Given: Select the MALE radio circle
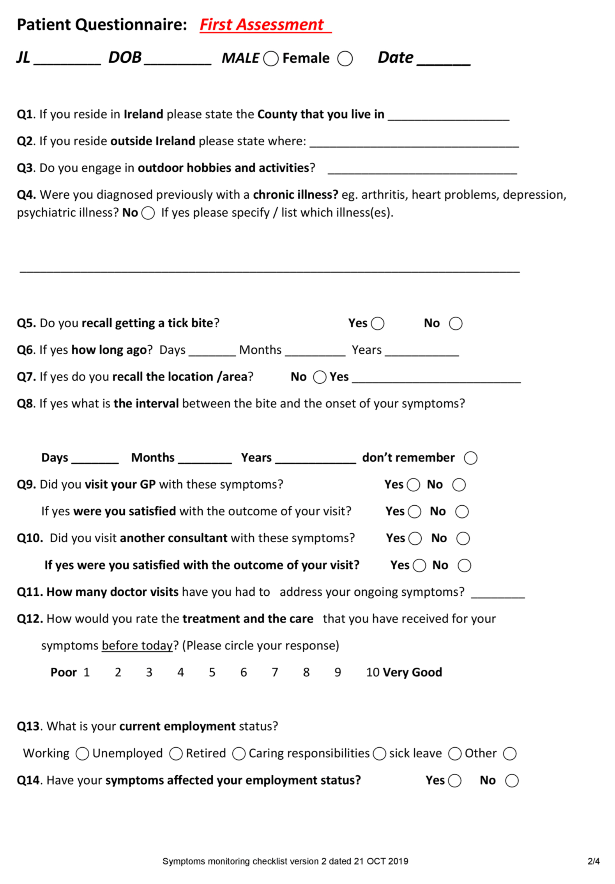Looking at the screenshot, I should coord(271,59).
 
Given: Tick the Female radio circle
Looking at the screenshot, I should coord(345,59).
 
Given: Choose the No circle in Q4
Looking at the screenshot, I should coord(148,213).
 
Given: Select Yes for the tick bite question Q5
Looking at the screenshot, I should coord(377,323).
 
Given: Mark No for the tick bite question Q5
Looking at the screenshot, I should coord(456,323).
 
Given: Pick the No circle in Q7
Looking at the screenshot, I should coord(320,377).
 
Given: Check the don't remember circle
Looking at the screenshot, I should coord(470,458).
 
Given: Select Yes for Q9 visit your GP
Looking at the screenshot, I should coord(413,485).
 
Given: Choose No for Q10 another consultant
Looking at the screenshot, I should coord(463,538).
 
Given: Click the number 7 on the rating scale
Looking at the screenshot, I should coord(275,672).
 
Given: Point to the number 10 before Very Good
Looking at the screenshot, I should coord(373,672).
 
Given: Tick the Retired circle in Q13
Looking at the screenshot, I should coord(239,753).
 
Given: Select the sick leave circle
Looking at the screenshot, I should coord(455,753).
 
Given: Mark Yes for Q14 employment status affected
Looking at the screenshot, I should coord(454,780).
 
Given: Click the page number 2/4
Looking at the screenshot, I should coord(594,861).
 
